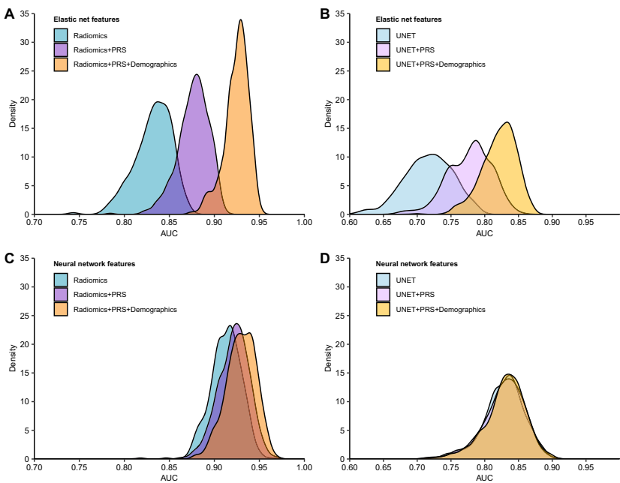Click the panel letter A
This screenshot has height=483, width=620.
10,13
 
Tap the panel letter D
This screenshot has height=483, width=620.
325,259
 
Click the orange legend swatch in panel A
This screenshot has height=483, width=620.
61,64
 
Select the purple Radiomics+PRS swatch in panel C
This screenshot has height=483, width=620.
61,294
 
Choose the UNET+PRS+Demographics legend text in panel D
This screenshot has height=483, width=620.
441,309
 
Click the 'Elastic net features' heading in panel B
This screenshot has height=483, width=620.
408,19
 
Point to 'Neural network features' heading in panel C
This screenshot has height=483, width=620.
94,264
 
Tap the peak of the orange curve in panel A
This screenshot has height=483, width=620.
241,20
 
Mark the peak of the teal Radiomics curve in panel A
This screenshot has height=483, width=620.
158,102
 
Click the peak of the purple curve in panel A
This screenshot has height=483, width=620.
197,74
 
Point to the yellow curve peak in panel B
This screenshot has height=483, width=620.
507,122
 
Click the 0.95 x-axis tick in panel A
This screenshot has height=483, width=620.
260,222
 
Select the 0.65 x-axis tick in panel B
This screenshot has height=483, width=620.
384,222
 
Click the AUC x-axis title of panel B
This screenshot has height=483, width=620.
485,233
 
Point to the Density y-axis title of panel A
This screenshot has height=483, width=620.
12,114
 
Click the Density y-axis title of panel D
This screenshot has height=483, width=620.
327,358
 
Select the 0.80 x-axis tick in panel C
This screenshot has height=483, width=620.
124,466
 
